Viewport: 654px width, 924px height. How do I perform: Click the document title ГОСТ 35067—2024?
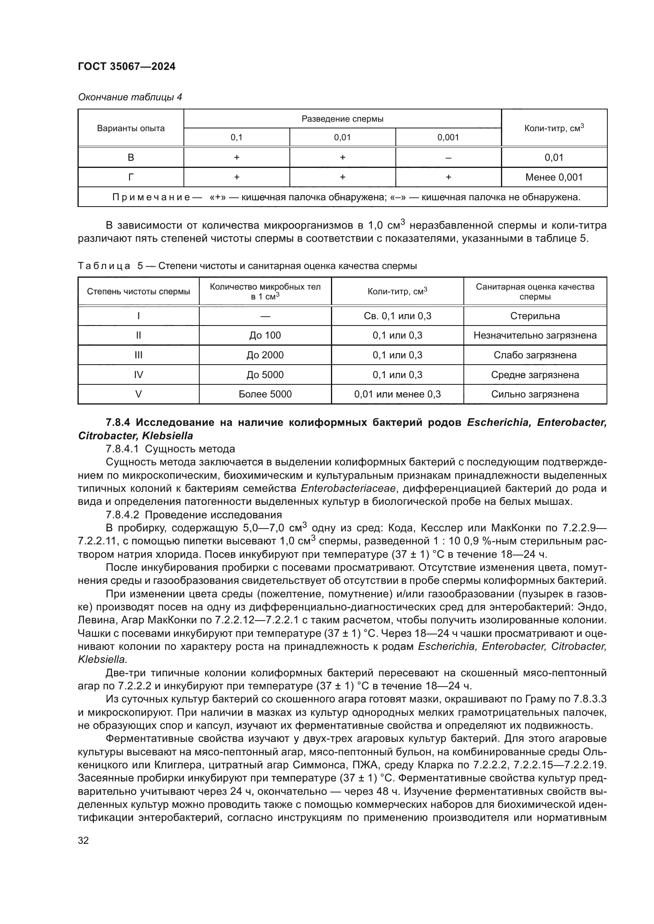tap(127, 66)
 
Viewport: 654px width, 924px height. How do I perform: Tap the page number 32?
tap(83, 840)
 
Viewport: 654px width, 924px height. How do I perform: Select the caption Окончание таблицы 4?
tap(130, 97)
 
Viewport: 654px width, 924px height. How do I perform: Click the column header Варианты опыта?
tap(130, 128)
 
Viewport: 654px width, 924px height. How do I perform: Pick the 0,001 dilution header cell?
tap(448, 137)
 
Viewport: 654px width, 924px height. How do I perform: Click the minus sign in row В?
tap(448, 158)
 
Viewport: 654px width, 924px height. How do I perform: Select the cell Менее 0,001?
tap(554, 177)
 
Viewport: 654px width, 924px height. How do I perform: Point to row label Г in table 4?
tap(130, 177)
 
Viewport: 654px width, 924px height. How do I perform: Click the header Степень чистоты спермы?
tap(138, 292)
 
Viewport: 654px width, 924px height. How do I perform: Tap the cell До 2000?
tap(265, 355)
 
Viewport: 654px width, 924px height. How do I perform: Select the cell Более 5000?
tap(265, 394)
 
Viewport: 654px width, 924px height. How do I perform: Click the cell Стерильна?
tap(535, 316)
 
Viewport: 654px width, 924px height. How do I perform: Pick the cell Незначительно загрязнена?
tap(535, 335)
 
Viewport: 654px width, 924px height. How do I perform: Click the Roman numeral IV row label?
tap(138, 374)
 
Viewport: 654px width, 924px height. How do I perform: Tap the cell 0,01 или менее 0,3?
tap(397, 394)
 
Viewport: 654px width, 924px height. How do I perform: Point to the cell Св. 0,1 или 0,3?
tap(397, 316)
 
